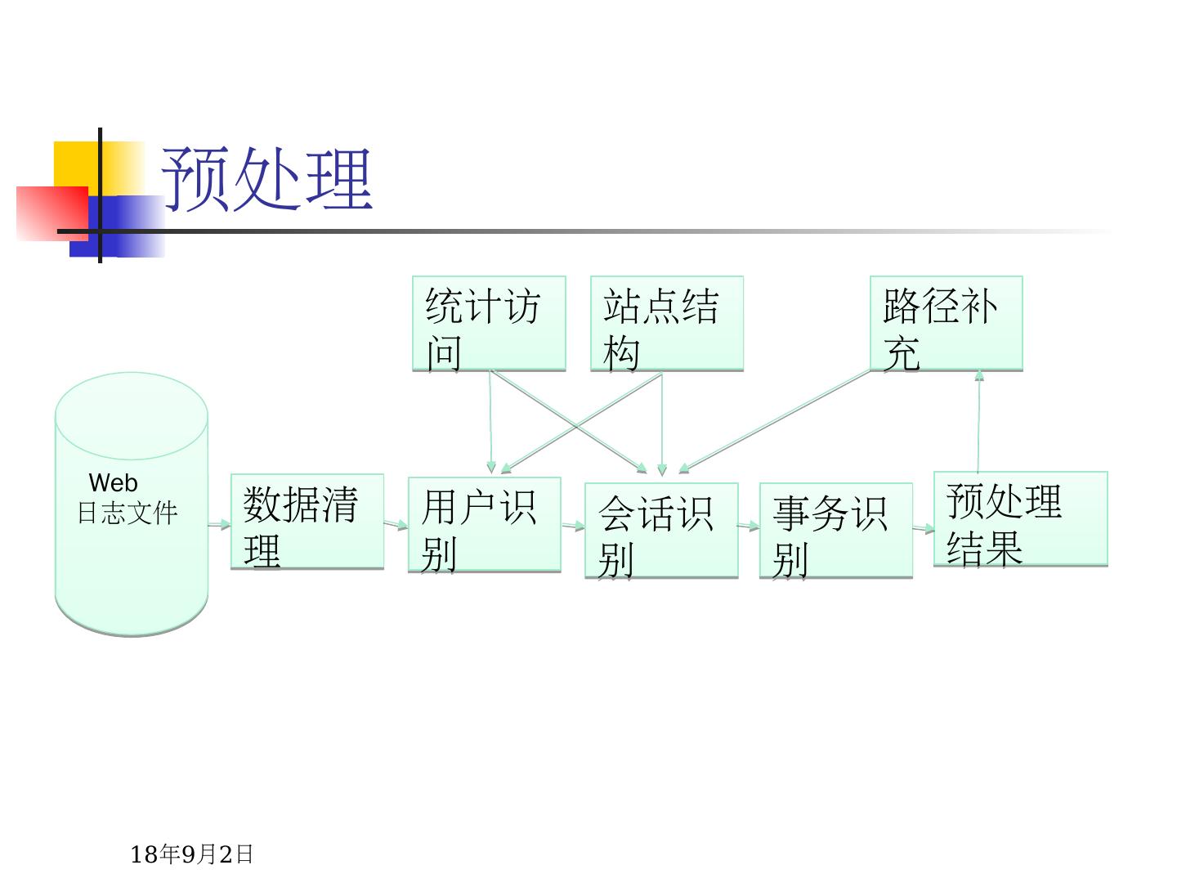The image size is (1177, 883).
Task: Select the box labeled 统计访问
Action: [489, 324]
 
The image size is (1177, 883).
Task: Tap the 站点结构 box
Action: [667, 324]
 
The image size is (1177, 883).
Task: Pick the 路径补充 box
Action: [946, 324]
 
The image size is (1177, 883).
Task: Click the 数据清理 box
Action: [307, 522]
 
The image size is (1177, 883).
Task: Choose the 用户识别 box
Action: [485, 525]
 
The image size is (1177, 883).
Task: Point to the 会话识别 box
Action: [661, 531]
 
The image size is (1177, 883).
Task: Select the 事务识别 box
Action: [835, 531]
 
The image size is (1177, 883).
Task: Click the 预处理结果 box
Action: [1020, 519]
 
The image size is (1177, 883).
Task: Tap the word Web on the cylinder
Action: [113, 482]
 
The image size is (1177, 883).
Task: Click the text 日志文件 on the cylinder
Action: [128, 513]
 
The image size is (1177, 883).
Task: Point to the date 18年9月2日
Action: [192, 854]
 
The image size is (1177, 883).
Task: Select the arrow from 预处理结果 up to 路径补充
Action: [978, 421]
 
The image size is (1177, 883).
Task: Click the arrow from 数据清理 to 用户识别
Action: [396, 524]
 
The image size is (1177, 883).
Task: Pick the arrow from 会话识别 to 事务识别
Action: [749, 527]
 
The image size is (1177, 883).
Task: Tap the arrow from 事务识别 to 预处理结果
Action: [923, 529]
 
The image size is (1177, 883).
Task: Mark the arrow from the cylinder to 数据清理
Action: [220, 524]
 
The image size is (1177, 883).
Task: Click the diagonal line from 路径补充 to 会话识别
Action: [775, 421]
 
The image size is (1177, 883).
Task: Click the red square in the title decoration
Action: [51, 213]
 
